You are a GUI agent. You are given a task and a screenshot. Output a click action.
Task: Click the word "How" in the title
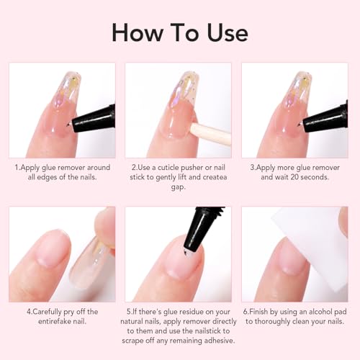click(x=135, y=32)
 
